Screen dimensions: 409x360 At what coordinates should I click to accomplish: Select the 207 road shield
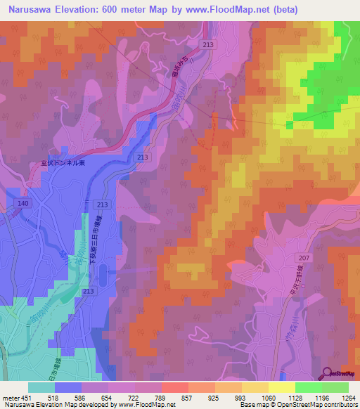303,259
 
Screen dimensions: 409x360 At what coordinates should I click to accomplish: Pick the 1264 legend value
349,397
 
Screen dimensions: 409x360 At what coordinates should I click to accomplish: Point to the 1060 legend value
269,397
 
